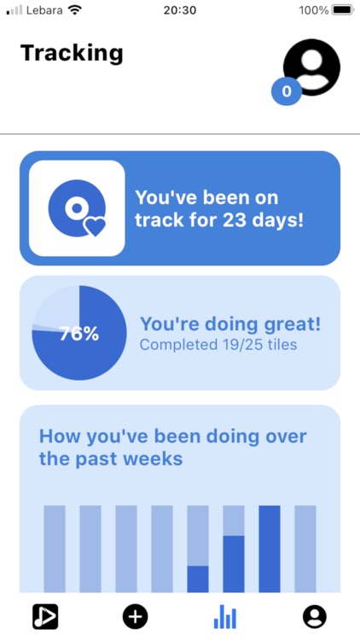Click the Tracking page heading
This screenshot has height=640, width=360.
click(x=72, y=53)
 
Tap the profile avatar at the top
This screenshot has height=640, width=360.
click(x=311, y=67)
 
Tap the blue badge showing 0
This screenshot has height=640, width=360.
click(x=287, y=91)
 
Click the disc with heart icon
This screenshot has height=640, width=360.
click(x=77, y=208)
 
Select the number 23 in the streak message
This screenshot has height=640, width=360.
click(x=235, y=220)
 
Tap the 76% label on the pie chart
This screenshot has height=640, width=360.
click(x=79, y=334)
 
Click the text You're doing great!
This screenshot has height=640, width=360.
click(x=230, y=324)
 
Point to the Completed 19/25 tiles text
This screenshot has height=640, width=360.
click(x=218, y=345)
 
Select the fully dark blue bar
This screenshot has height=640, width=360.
click(x=270, y=549)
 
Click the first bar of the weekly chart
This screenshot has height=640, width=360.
click(x=55, y=549)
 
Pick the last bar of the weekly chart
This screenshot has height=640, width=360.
click(x=305, y=549)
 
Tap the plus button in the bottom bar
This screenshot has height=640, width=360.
click(x=135, y=616)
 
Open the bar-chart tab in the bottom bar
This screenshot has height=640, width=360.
click(x=225, y=616)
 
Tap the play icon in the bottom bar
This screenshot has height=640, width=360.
click(x=45, y=616)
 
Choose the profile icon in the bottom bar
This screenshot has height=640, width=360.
click(x=315, y=616)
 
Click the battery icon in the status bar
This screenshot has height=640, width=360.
click(x=342, y=10)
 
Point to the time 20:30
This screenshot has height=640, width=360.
click(x=179, y=10)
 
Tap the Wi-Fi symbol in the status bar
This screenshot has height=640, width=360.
click(x=74, y=10)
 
